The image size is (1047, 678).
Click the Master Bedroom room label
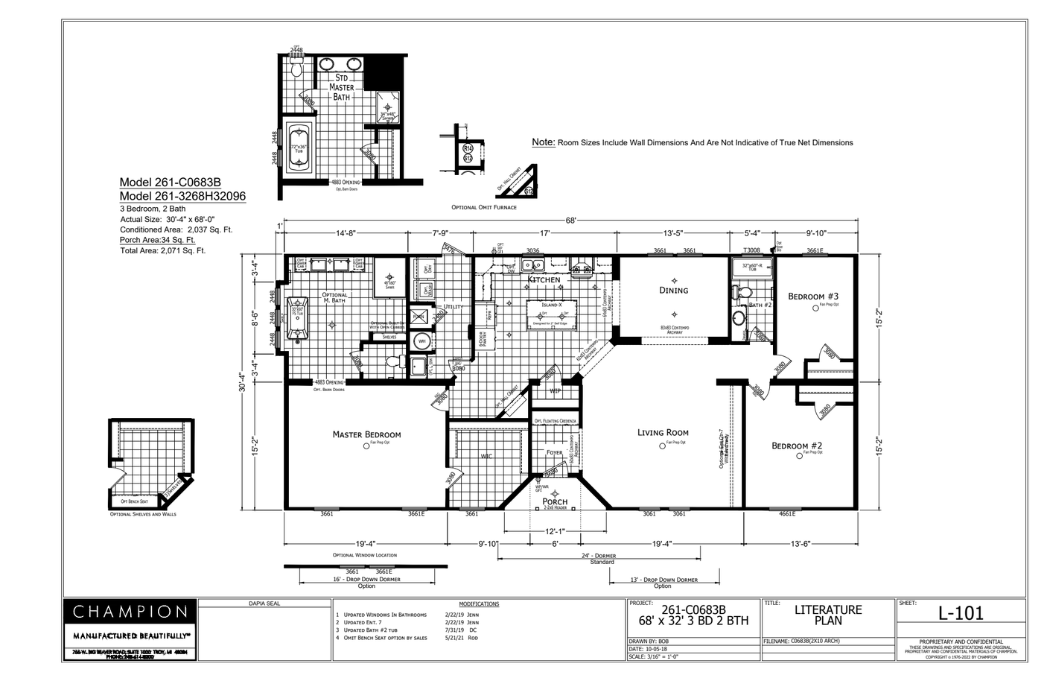coord(366,434)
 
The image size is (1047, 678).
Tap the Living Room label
coord(663,432)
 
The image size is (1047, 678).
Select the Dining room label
coord(673,290)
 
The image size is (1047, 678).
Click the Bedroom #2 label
coord(796,446)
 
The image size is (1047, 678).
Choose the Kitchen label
coord(544,280)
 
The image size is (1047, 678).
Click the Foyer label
coord(554,452)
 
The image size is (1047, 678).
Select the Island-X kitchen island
coord(552,313)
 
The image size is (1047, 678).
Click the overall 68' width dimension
coord(570,221)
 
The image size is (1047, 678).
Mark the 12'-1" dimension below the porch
coord(555,531)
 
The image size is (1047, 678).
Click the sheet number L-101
coord(961,613)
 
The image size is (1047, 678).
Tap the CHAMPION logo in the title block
coord(130,612)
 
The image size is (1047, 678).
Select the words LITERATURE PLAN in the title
coord(827,615)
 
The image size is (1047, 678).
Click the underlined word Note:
coord(543,142)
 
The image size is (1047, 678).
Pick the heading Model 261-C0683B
coord(171,183)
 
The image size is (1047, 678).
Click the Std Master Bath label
coord(342,87)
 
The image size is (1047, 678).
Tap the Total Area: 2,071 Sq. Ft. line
coord(162,251)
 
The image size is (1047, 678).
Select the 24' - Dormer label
coord(602,556)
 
